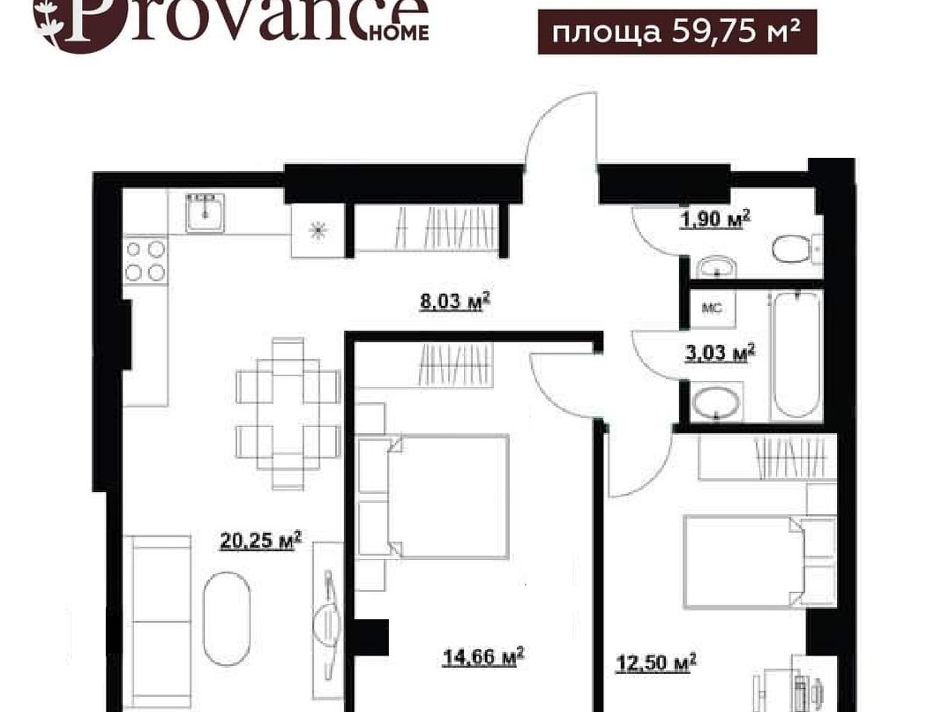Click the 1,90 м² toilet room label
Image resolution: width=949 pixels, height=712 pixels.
pos(715,219)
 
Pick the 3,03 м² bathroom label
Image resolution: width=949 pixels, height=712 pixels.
pos(720,353)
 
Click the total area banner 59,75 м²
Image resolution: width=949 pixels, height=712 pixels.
pos(677,31)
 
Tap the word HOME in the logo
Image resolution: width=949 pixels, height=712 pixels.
pos(399,33)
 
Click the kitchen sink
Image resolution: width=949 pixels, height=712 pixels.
pos(205,213)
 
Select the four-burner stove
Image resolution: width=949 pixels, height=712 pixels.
pos(145,260)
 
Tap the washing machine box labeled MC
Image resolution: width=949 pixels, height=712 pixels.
pos(712,309)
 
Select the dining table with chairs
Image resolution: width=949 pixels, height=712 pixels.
pos(288,414)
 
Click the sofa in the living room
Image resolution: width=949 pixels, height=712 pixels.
pos(158,622)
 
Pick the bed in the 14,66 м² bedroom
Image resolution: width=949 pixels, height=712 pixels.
pos(433,497)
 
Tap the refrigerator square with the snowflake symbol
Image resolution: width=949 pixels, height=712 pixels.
pos(318,230)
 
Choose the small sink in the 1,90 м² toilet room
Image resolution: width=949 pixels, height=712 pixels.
pos(716,268)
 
